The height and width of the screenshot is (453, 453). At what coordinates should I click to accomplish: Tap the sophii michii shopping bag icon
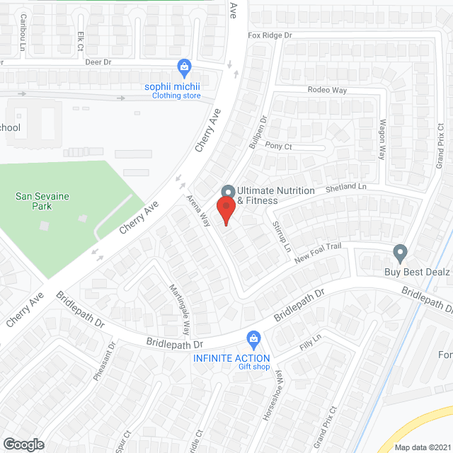[x=184, y=68]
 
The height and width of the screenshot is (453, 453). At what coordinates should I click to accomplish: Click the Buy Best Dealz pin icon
[x=400, y=252]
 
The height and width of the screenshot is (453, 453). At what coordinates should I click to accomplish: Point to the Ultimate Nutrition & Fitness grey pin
[x=228, y=192]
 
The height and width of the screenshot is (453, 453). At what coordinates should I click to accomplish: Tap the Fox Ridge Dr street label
[x=270, y=35]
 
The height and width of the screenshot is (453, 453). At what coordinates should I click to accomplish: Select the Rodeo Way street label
[x=327, y=90]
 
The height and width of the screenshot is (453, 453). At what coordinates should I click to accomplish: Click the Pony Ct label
[x=278, y=146]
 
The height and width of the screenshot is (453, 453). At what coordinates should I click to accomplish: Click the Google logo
[x=23, y=445]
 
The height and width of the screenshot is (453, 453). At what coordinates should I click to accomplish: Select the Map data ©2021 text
[x=422, y=447]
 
